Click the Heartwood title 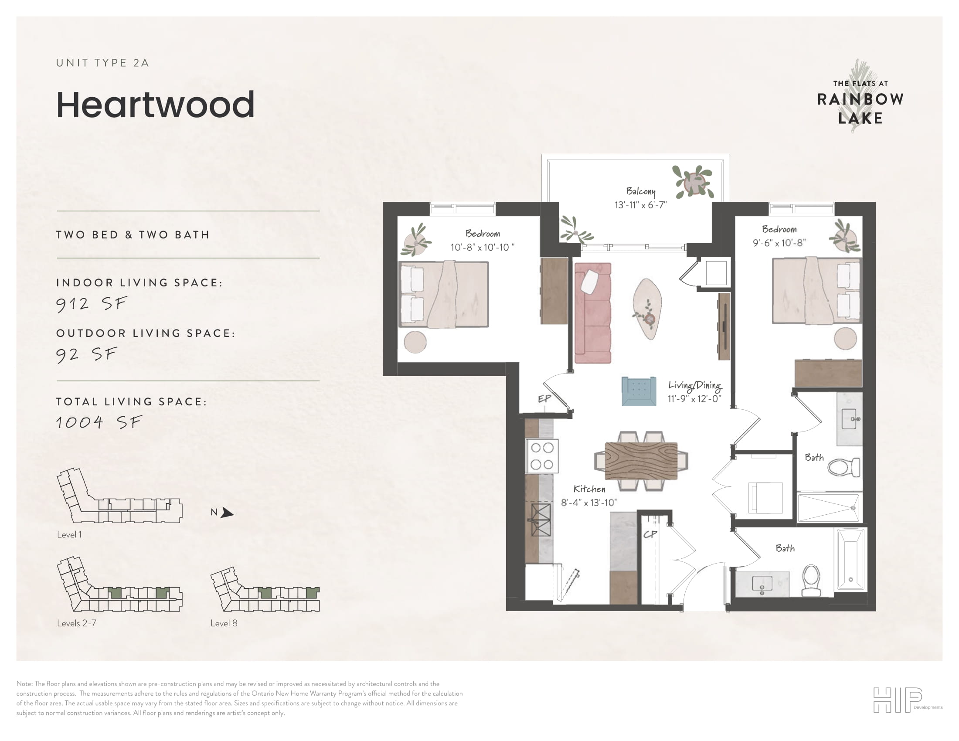tap(156, 105)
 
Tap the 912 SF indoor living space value tap(92, 304)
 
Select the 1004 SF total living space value tap(99, 422)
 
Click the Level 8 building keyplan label tap(224, 623)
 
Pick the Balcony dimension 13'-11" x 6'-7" tap(641, 205)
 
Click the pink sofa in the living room tap(593, 313)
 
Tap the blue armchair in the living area tap(639, 391)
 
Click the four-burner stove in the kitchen tap(542, 456)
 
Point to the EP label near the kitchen tap(544, 398)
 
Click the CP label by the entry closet tap(650, 534)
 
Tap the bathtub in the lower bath tap(850, 559)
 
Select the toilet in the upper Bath tap(844, 467)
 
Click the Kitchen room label tap(589, 489)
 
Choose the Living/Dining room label tap(695, 385)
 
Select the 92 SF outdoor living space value tap(87, 354)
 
